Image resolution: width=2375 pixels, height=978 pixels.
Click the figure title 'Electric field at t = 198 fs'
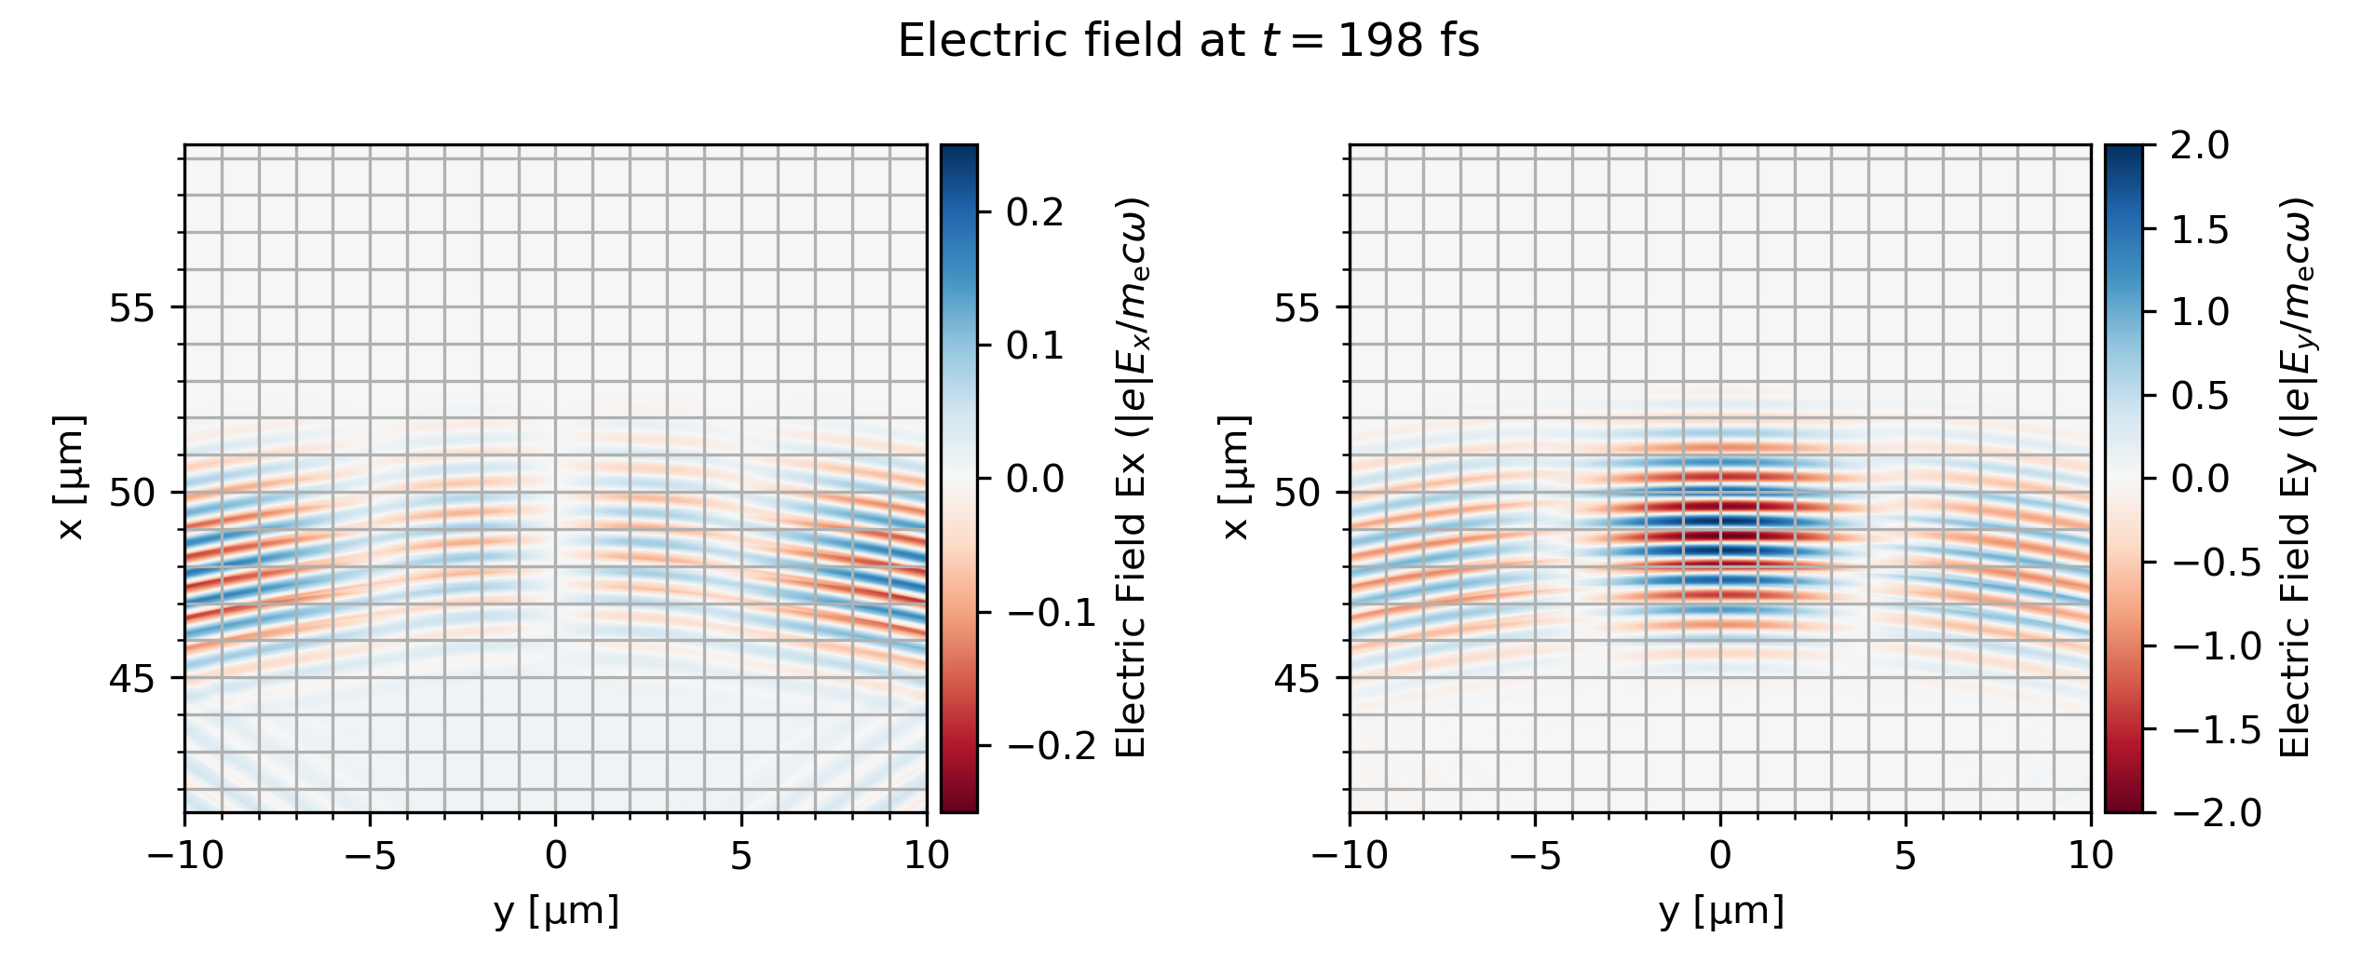pos(1187,42)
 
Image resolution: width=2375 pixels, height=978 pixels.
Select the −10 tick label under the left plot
pos(185,855)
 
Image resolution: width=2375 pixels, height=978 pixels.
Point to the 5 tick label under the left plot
pos(740,855)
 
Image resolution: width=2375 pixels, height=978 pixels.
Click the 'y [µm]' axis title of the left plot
pos(556,910)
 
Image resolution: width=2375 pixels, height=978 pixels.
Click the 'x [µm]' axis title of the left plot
pos(70,478)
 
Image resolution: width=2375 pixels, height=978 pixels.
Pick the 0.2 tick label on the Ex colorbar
pos(1034,212)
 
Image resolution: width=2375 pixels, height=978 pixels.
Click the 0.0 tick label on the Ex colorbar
pos(1034,479)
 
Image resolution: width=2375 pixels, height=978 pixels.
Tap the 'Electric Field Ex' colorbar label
pos(1131,478)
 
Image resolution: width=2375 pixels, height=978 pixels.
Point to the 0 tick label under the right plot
pos(1720,855)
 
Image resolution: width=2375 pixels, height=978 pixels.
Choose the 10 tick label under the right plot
pos(2091,855)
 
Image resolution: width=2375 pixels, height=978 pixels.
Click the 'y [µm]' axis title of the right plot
pos(1721,910)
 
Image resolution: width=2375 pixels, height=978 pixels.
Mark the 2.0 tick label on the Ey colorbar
pos(2200,146)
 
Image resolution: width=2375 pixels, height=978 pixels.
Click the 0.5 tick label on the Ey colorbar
pos(2200,396)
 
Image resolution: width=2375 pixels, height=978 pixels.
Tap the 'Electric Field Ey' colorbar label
pos(2296,478)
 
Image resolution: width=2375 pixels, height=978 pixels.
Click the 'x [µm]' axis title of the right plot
pos(1235,478)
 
